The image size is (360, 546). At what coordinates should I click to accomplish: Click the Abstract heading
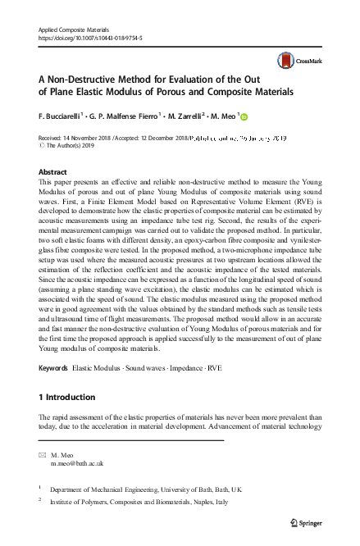click(x=54, y=172)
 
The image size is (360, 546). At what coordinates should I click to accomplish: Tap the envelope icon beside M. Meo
click(x=43, y=453)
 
